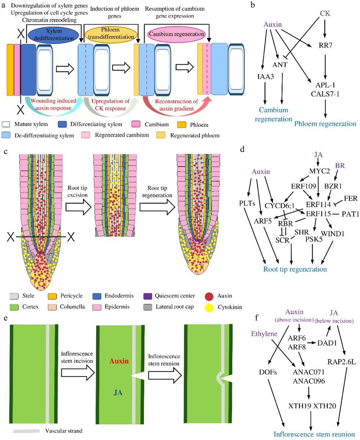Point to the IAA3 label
tap(265, 76)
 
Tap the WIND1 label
tap(331, 233)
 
